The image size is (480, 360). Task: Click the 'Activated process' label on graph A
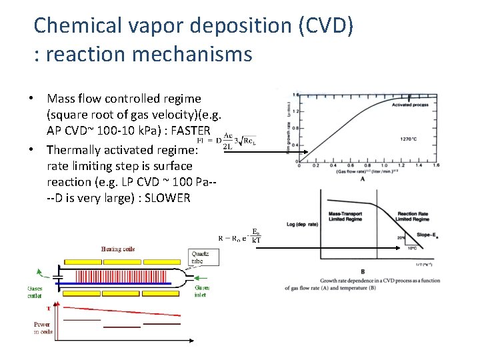click(411, 105)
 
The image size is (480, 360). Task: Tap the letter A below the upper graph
click(361, 179)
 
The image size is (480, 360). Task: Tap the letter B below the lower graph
click(362, 271)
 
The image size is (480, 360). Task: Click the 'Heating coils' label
click(117, 249)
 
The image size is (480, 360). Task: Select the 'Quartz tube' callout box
click(201, 257)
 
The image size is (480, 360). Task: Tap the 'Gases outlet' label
click(35, 294)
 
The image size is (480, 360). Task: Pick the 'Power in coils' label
click(42, 328)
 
